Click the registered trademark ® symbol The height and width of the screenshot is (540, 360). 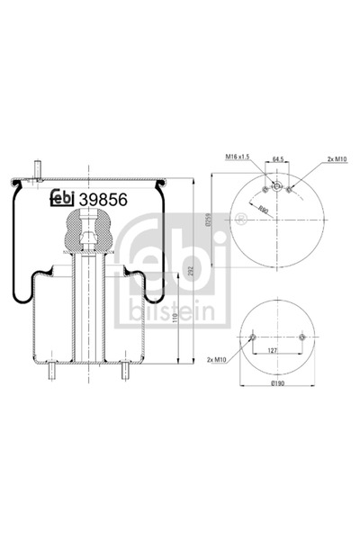click(x=241, y=219)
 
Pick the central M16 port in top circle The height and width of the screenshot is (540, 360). click(x=277, y=188)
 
